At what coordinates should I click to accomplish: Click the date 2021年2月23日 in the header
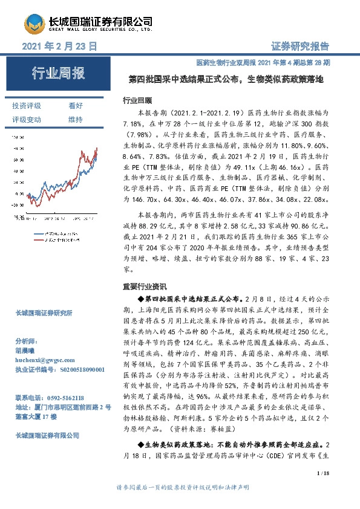pos(59,47)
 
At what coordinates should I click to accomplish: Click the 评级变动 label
pos(27,119)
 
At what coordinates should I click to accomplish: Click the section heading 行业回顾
pos(137,100)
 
